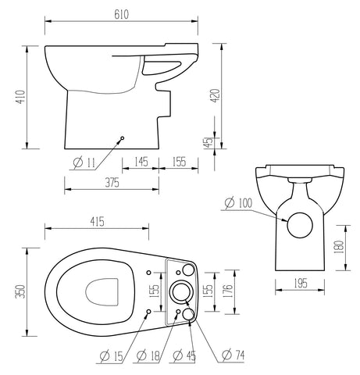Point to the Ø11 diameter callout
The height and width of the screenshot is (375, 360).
click(x=83, y=162)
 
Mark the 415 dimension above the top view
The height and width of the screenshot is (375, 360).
click(x=97, y=223)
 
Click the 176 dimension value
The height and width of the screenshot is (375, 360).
click(x=228, y=291)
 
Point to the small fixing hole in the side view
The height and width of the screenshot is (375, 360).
click(x=121, y=140)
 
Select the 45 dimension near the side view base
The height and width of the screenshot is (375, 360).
click(x=207, y=142)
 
